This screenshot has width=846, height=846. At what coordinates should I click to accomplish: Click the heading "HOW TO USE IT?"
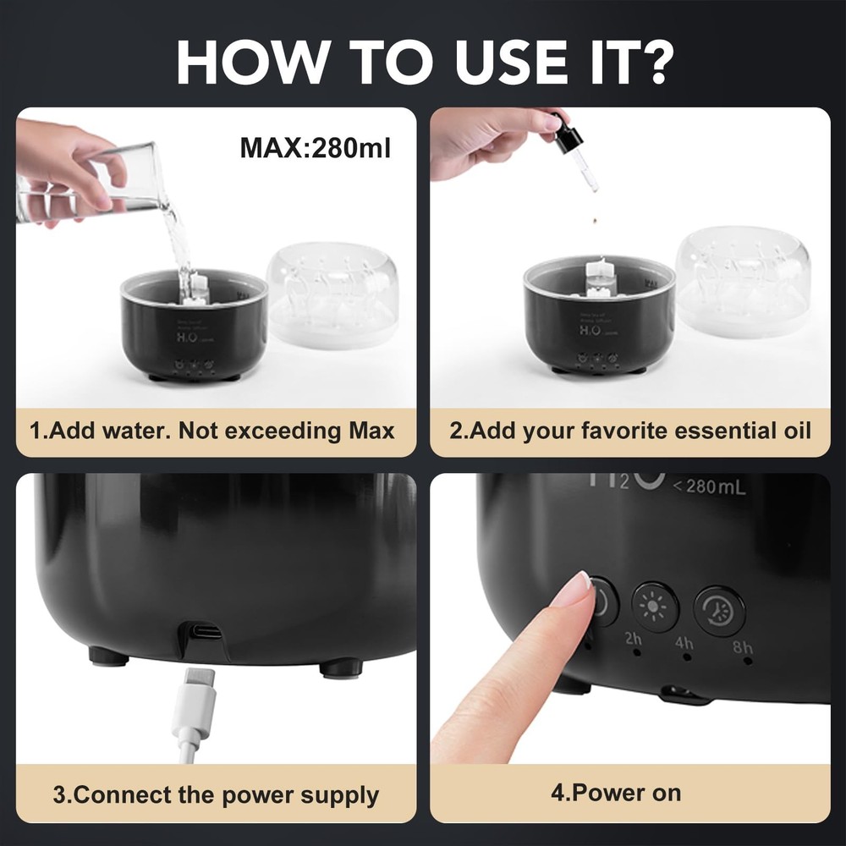pos(423,60)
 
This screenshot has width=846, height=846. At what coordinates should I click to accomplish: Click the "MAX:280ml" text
pos(315,148)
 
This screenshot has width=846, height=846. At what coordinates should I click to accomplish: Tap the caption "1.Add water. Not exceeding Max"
pos(212,431)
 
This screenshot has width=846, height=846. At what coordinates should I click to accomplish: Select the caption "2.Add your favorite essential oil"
pos(629,431)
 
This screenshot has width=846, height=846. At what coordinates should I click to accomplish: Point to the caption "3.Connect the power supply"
pos(216,795)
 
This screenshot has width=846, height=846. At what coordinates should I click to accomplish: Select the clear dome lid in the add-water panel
pos(332,292)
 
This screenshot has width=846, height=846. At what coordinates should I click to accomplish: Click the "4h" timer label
pos(684,644)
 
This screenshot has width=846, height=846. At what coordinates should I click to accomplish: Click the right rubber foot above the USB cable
pos(342,667)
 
